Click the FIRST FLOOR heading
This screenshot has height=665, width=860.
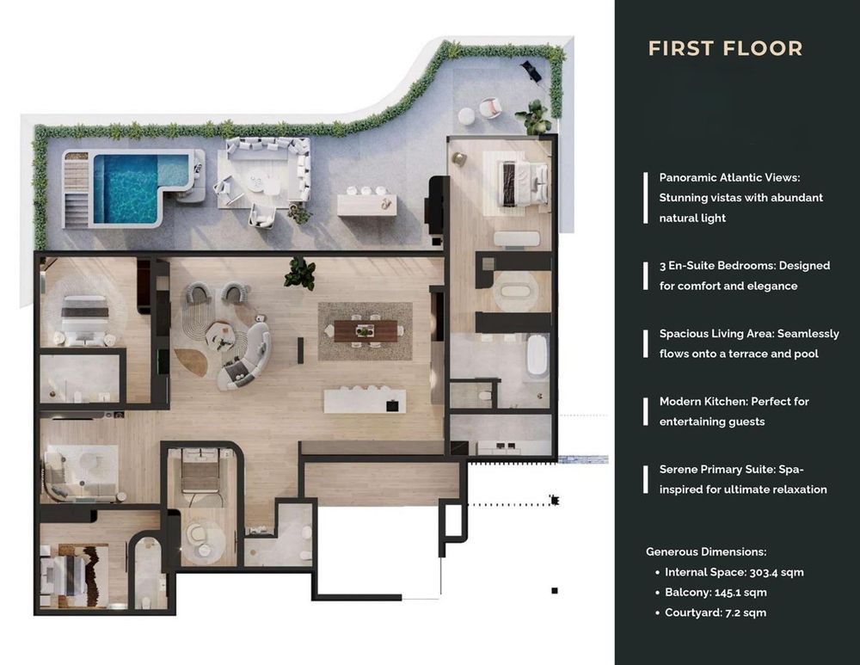[x=725, y=48]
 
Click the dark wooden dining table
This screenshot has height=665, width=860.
[x=365, y=331]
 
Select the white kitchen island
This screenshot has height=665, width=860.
[x=365, y=401]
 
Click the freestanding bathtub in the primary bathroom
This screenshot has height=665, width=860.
[x=537, y=355]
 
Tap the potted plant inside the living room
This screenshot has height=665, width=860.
[x=300, y=274]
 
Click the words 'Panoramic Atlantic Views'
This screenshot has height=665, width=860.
[x=729, y=177]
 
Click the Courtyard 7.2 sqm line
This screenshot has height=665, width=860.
[x=716, y=613]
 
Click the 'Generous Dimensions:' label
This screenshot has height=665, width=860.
[x=706, y=552]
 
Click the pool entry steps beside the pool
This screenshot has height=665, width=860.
[x=77, y=189]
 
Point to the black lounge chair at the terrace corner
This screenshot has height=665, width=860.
[x=531, y=69]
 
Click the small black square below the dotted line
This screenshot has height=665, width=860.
[x=555, y=591]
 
